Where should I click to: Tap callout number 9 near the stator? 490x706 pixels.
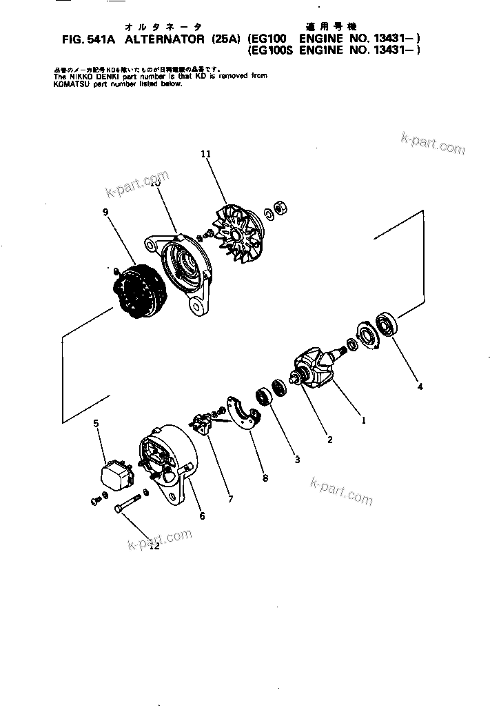105,213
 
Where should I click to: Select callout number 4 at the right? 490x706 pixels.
420,386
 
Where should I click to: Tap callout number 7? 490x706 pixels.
229,498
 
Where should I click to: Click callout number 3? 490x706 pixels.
296,459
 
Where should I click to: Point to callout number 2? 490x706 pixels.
329,440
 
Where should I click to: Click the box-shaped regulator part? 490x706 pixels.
120,474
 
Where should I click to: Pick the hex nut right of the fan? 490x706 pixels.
281,207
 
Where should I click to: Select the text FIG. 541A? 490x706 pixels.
90,40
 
